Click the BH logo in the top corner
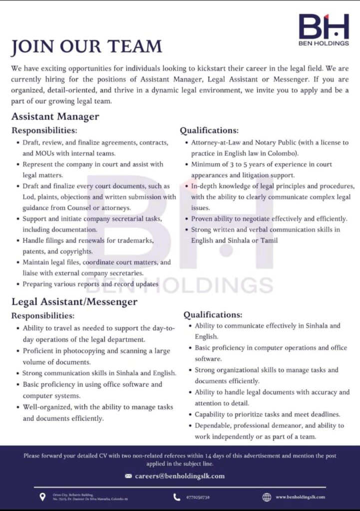pos(324,29)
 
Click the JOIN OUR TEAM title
pos(86,47)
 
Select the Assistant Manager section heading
pos(55,117)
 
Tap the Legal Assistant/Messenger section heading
pos(74,301)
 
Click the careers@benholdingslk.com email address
pos(180,476)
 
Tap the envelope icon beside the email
pos(128,476)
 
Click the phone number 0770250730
pos(198,497)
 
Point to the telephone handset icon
pos(177,497)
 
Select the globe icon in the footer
pos(267,497)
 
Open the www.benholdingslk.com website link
pos(300,497)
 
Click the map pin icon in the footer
pos(42,497)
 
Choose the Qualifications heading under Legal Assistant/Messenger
pos(213,315)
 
